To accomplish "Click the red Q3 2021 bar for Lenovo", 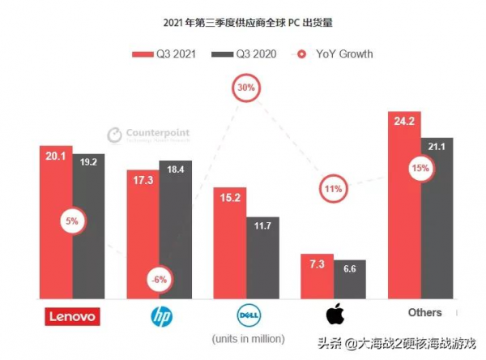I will [x=56, y=243].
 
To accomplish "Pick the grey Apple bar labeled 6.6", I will [x=349, y=281].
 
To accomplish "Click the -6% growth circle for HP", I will [x=158, y=280].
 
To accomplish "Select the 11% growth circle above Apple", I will [x=333, y=189].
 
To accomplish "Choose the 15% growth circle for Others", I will [x=420, y=169].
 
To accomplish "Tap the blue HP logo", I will [x=160, y=315].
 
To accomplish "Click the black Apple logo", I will [x=335, y=315].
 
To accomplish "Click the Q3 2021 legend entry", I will [x=165, y=54].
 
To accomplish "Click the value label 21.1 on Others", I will [x=437, y=146].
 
